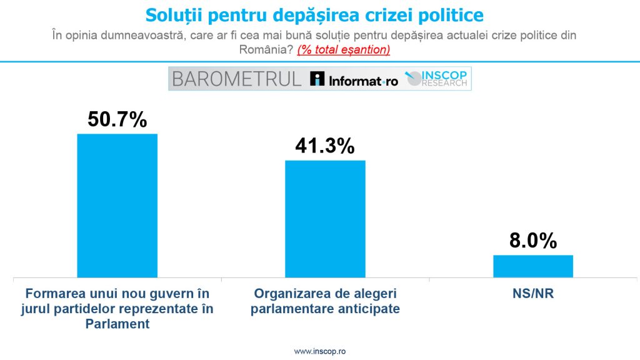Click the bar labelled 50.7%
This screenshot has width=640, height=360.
(117, 206)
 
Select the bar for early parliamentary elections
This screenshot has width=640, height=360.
(325, 219)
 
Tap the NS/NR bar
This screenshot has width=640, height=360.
(533, 266)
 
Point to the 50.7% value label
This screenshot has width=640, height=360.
(117, 119)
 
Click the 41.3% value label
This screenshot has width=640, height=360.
(325, 146)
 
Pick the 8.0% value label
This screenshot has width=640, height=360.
(533, 241)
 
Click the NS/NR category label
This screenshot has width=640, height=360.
(533, 294)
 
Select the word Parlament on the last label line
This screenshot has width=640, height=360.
(117, 324)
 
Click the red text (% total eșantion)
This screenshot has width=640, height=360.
(344, 50)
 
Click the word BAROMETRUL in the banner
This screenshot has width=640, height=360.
(237, 79)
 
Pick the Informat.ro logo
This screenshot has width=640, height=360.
(354, 79)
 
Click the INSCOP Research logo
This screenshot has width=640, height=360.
(436, 78)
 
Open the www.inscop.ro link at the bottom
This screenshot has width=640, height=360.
(320, 351)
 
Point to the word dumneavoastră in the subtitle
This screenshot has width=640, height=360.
(142, 35)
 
